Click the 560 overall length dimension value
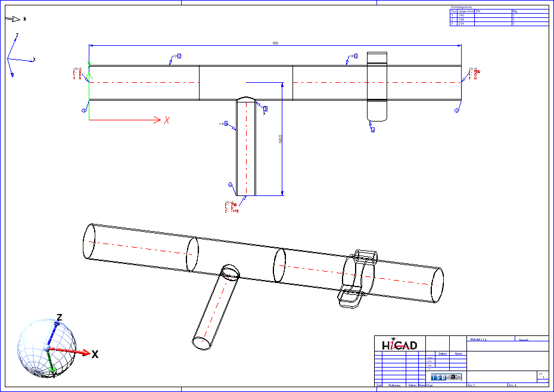click(275, 43)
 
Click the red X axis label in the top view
click(167, 120)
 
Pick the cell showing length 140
click(461, 15)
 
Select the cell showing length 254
click(461, 24)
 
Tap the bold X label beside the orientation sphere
click(95, 354)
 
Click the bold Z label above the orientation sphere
click(59, 317)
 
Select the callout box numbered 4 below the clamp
click(372, 129)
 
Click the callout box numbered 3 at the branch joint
click(265, 108)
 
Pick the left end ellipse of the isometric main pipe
click(89, 241)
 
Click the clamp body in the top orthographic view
click(376, 86)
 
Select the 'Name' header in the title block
click(457, 353)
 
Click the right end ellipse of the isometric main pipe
click(437, 285)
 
